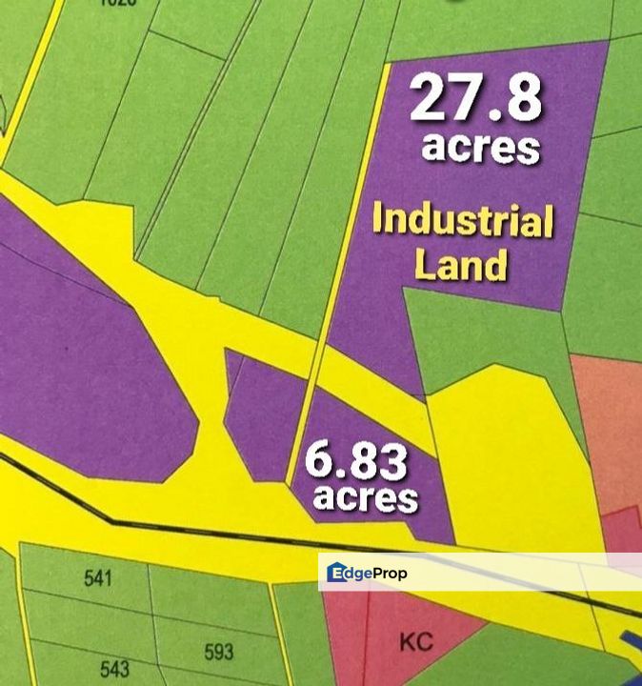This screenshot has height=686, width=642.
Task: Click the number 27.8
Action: pyautogui.click(x=476, y=99)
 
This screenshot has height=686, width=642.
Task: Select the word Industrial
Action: pyautogui.click(x=463, y=221)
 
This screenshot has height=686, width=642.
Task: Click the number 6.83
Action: pyautogui.click(x=356, y=463)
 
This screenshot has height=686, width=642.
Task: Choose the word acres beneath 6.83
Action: pyautogui.click(x=366, y=497)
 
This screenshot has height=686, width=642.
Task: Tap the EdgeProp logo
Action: pyautogui.click(x=368, y=573)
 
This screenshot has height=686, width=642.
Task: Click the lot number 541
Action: pyautogui.click(x=98, y=578)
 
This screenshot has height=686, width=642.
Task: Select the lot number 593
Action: pyautogui.click(x=219, y=653)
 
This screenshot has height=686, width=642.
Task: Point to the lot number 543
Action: pyautogui.click(x=114, y=669)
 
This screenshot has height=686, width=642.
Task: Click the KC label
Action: pyautogui.click(x=416, y=642)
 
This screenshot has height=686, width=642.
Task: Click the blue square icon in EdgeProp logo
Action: pyautogui.click(x=336, y=573)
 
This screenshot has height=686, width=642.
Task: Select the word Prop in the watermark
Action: pyautogui.click(x=390, y=574)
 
